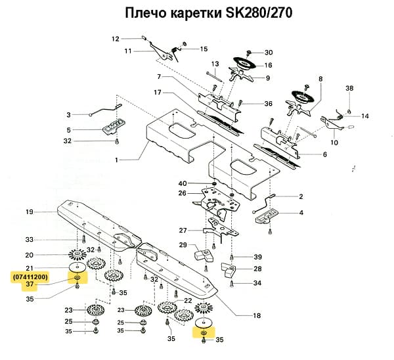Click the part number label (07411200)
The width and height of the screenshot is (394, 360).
29,277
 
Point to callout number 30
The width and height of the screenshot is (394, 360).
269,53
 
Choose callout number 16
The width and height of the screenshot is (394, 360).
268,66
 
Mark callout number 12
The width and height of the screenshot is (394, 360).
115,38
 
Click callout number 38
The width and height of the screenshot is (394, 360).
349,88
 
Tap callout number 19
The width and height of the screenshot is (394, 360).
29,212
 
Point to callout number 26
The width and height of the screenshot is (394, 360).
183,193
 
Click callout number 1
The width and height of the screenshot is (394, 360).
117,160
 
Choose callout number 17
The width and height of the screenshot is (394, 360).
157,92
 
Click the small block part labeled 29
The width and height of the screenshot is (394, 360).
202,252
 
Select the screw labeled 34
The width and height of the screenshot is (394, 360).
232,283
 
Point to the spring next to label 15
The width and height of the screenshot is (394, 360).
175,49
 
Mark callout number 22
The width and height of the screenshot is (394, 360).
187,300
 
